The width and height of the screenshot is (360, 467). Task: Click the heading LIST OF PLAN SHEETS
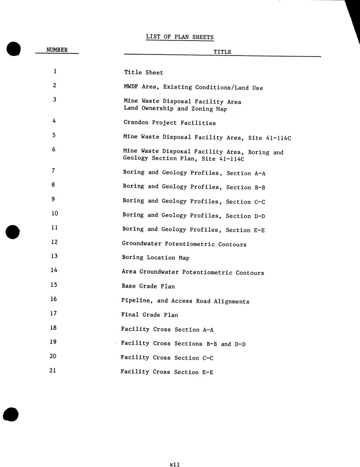179,37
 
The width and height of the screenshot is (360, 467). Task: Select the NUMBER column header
57,50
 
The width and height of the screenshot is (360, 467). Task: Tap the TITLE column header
222,52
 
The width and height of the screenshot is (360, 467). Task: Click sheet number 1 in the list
55,71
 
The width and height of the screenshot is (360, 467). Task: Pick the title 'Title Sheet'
144,72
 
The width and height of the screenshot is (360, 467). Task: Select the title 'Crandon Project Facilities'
170,123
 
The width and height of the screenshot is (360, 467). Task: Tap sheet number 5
54,135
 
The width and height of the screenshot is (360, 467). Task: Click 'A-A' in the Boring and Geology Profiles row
260,173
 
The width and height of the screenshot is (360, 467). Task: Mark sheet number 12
54,242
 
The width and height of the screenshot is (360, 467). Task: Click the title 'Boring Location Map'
155,258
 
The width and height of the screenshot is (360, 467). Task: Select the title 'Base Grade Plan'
148,286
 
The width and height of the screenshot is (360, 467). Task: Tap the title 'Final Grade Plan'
150,315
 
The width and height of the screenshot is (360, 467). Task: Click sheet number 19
53,342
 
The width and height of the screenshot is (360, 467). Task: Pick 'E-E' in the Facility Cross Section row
207,372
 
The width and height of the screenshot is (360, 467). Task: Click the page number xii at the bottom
174,464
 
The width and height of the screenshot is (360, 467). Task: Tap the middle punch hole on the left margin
13,232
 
